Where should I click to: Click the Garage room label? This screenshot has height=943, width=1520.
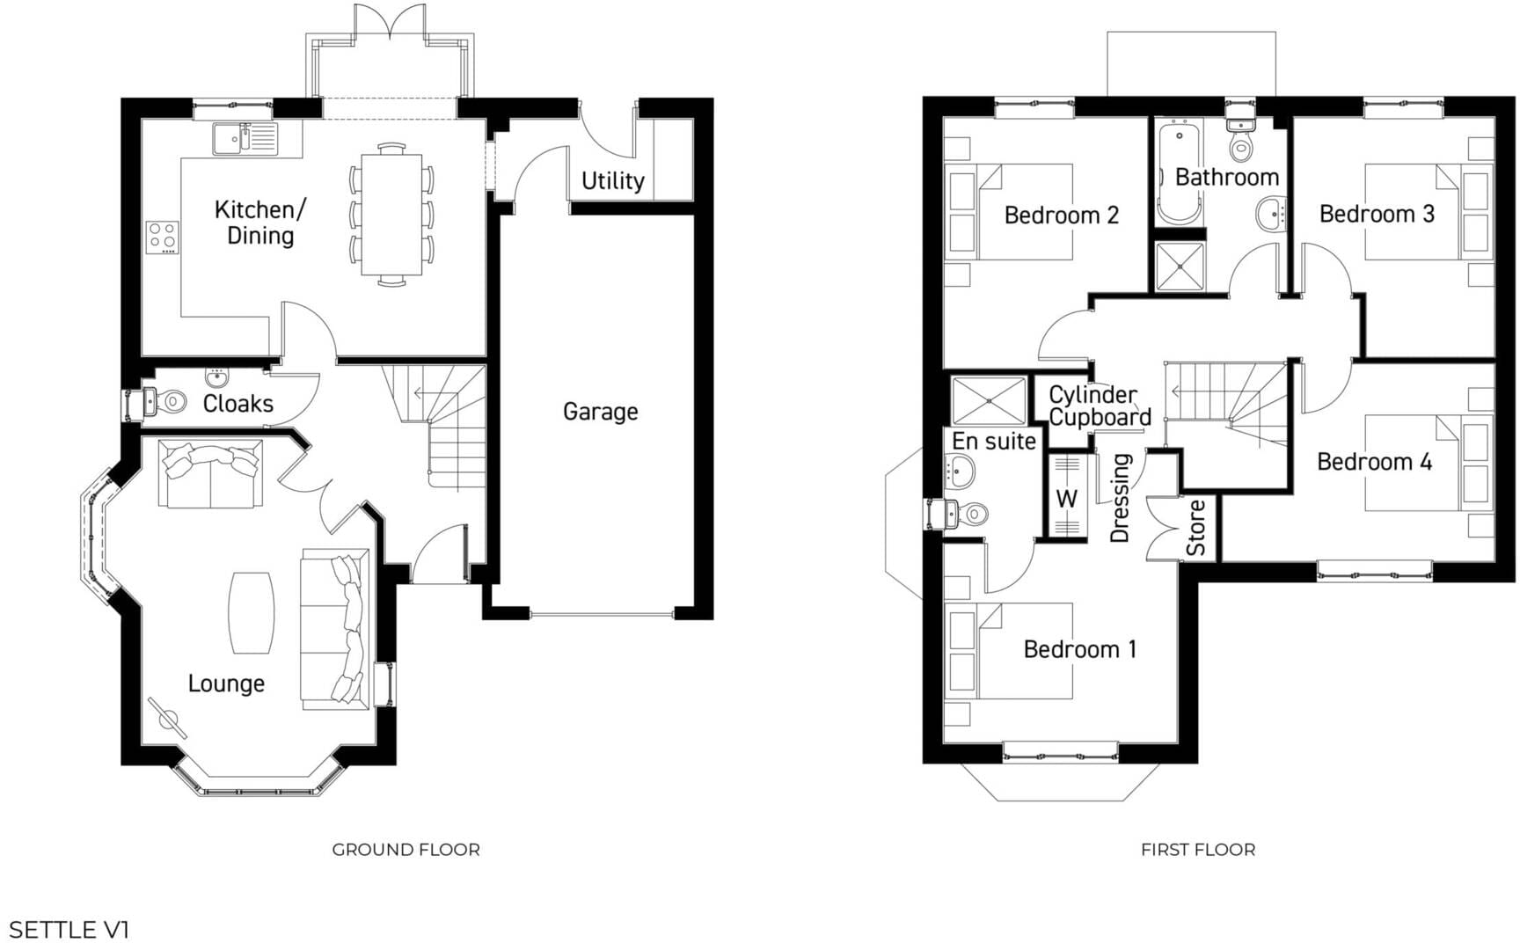click(x=600, y=412)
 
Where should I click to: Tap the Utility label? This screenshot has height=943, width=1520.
click(x=613, y=181)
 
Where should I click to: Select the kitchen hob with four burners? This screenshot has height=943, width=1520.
click(x=162, y=238)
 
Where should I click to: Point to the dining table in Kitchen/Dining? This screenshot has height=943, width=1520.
click(x=391, y=214)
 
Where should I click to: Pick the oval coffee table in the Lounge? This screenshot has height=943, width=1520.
click(x=252, y=613)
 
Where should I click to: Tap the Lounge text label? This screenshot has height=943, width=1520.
click(x=226, y=683)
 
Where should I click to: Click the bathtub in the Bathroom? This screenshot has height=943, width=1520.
click(x=1178, y=173)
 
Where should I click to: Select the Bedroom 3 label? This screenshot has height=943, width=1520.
click(x=1377, y=214)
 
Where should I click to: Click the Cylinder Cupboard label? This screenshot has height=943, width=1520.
click(x=1099, y=406)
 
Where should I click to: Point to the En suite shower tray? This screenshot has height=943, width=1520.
click(x=989, y=401)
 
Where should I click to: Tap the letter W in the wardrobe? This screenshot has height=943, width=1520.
click(x=1066, y=499)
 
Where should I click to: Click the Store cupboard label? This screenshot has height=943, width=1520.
click(x=1195, y=528)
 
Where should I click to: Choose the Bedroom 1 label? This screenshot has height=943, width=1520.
click(x=1079, y=649)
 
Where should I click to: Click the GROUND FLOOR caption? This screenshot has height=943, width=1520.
click(x=406, y=850)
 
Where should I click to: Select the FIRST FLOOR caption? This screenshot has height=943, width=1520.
click(x=1197, y=850)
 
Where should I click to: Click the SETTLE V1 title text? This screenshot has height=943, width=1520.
click(x=69, y=929)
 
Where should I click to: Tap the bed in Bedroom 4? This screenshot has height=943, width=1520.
click(x=1416, y=463)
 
